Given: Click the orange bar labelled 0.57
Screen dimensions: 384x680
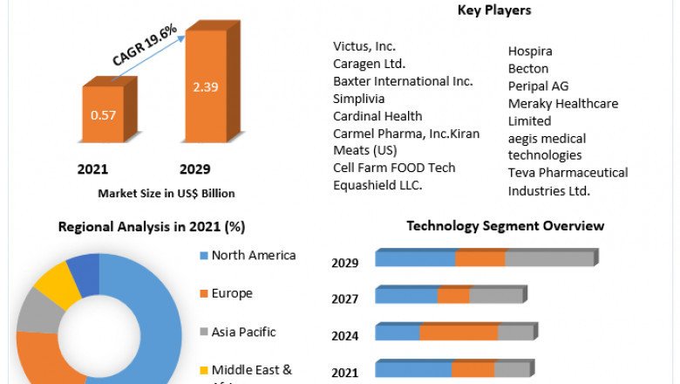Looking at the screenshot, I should [104, 114].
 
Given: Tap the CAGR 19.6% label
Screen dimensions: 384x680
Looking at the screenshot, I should [145, 45].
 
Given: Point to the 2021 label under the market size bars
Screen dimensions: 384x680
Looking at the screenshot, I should [92, 168].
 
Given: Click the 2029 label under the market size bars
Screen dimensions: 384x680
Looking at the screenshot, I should [194, 168].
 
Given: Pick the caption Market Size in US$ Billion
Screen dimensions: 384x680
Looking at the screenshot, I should [166, 193].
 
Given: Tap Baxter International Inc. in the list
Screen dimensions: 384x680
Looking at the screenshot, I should [403, 81].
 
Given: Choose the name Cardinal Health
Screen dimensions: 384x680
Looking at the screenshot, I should [377, 116].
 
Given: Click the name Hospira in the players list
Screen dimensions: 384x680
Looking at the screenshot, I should [530, 51].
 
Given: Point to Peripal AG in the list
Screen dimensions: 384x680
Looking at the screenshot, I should [538, 86].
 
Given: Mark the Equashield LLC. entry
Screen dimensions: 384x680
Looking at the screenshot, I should [377, 185].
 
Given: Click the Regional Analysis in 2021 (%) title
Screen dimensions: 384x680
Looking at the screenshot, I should [151, 227].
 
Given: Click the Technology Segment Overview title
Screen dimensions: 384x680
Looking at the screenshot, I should [505, 226].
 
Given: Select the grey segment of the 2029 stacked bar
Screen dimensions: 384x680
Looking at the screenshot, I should [549, 259].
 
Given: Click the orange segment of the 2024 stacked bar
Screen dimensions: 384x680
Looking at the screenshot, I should [459, 333].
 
